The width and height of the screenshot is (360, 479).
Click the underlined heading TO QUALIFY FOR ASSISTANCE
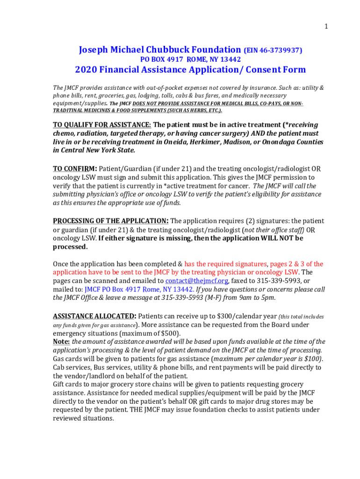pyautogui.click(x=102, y=125)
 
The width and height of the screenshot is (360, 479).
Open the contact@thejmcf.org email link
pyautogui.click(x=197, y=281)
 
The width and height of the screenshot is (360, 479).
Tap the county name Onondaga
pyautogui.click(x=279, y=142)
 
